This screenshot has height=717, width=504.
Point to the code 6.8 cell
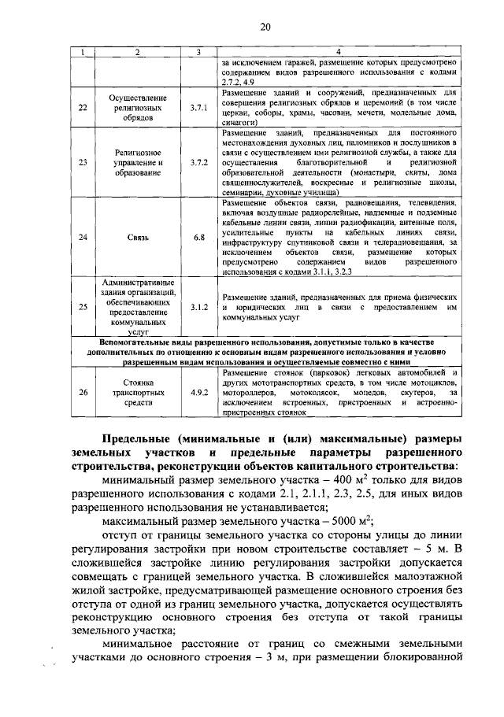198,236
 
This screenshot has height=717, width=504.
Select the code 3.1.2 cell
198,307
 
